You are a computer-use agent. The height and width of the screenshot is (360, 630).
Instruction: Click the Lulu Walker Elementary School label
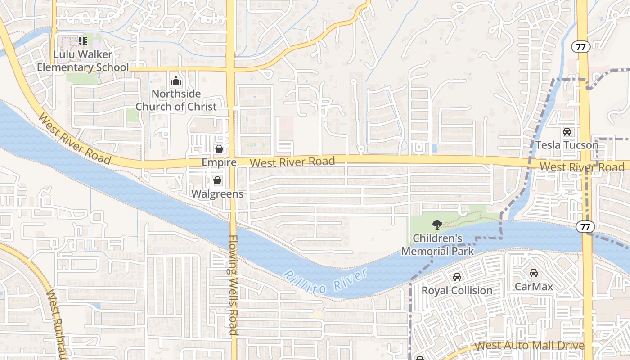click(83, 61)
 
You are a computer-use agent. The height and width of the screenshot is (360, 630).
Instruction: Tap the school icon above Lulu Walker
click(82, 41)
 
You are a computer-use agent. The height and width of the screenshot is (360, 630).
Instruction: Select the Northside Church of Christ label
click(176, 100)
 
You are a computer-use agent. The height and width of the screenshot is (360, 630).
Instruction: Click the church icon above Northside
click(175, 81)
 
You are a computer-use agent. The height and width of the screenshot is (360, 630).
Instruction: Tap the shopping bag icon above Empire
click(219, 149)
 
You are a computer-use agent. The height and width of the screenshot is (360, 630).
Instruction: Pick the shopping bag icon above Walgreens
click(217, 181)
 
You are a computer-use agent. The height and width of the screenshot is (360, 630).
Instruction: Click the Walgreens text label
click(217, 194)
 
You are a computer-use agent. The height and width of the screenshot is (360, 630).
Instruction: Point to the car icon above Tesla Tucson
click(567, 132)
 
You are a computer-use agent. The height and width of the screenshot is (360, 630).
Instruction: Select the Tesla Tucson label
click(567, 145)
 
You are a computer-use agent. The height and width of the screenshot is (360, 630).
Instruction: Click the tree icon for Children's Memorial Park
click(437, 225)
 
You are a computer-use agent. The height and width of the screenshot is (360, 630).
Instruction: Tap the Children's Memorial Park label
click(437, 244)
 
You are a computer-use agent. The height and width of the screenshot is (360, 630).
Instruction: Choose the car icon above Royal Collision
click(457, 277)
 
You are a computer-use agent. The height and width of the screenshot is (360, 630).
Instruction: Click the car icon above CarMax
click(534, 273)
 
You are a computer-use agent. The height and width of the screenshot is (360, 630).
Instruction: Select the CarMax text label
click(534, 286)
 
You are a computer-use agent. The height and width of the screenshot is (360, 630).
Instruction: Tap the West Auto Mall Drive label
click(530, 346)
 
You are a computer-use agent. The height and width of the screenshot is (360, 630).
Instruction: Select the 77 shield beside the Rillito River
click(585, 227)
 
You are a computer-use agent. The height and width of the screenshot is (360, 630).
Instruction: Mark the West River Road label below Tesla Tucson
click(582, 167)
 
